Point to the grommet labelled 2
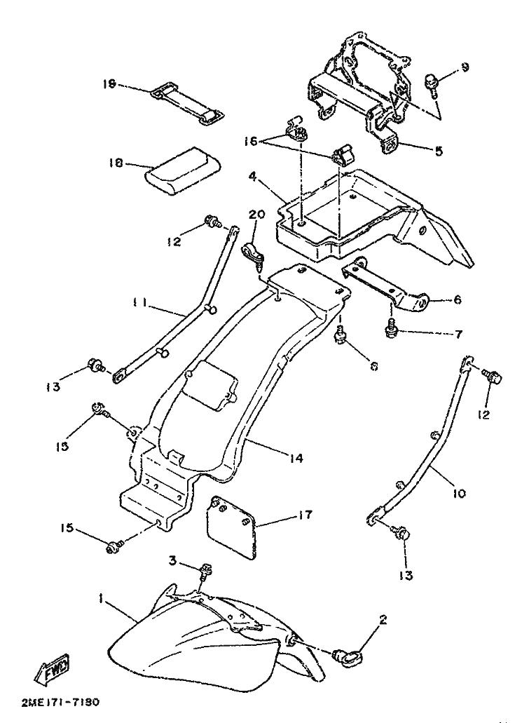(x=345, y=657)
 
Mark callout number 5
(x=438, y=150)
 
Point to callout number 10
(x=458, y=494)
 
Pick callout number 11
(x=137, y=303)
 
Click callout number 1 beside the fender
(x=102, y=600)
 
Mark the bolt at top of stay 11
(x=211, y=223)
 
